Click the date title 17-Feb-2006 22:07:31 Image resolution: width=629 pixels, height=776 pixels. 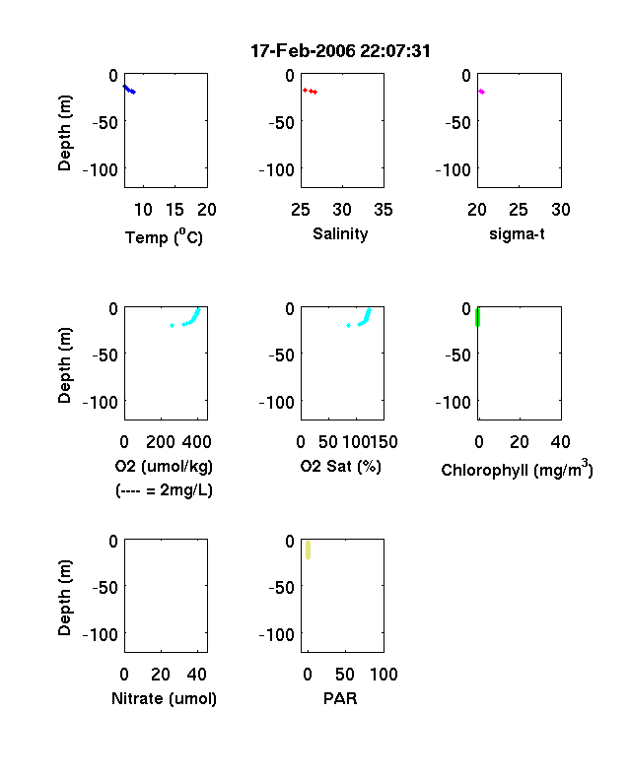click(x=340, y=51)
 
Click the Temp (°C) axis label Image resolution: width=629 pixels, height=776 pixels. click(x=164, y=237)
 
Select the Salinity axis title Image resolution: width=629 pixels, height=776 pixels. click(x=340, y=233)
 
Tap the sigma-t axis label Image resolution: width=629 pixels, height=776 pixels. click(x=517, y=233)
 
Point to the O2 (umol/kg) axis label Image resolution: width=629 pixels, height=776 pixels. click(x=164, y=466)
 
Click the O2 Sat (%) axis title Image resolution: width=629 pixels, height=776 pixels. click(x=341, y=466)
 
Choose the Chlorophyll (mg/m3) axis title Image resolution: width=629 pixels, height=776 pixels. click(x=517, y=468)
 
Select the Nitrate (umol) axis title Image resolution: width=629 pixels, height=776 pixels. click(x=164, y=698)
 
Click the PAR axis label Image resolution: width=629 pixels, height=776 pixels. click(x=340, y=698)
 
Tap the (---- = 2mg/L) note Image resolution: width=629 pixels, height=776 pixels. click(x=164, y=490)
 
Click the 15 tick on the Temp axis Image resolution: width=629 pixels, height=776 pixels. click(x=175, y=210)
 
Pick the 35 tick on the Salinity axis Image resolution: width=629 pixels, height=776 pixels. click(x=384, y=210)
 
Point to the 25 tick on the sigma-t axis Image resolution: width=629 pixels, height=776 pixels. click(x=519, y=210)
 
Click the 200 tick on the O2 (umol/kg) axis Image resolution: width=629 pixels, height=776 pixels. click(x=161, y=442)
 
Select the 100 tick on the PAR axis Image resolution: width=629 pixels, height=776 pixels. click(x=384, y=674)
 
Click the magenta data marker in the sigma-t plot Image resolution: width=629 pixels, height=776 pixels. click(x=481, y=92)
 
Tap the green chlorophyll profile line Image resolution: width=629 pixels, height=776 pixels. click(x=477, y=317)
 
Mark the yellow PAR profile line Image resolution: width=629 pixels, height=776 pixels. click(x=308, y=550)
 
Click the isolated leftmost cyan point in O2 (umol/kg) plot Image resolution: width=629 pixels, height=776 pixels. click(x=172, y=325)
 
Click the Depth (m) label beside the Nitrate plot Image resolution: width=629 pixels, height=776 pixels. click(x=64, y=598)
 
